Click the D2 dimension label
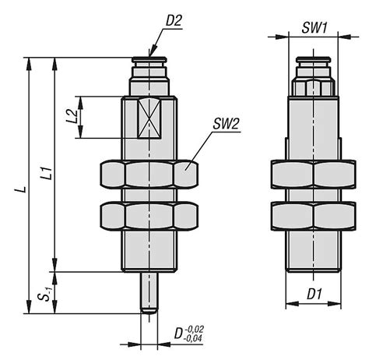point(174,21)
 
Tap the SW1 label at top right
point(315,28)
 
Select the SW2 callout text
point(225,124)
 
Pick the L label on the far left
point(23,189)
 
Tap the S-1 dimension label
point(46,294)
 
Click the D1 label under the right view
point(315,295)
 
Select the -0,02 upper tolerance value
point(194,329)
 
